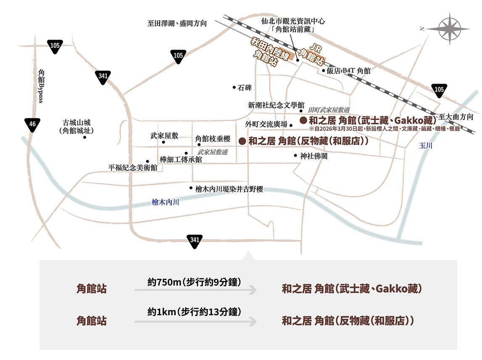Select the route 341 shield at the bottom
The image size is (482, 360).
coord(195,241)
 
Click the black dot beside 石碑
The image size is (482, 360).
coord(234,87)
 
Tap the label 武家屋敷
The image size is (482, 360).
coord(164,136)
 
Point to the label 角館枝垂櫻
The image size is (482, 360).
coord(213,138)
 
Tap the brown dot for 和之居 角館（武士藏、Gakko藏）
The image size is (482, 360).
coord(303,120)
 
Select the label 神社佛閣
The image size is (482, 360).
coord(313,156)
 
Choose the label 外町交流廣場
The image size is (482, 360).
coord(266,124)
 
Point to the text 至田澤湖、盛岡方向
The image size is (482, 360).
coord(177,24)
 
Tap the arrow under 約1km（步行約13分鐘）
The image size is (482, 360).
coord(195,322)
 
